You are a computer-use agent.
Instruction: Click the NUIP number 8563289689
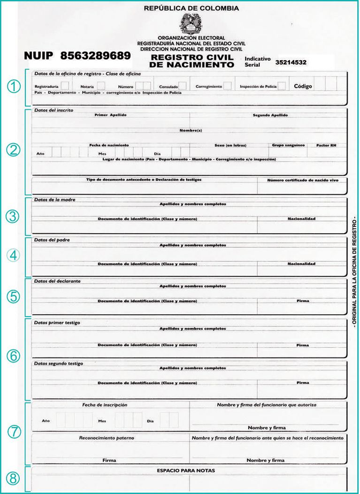click(x=95, y=56)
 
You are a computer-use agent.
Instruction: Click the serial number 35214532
click(x=291, y=62)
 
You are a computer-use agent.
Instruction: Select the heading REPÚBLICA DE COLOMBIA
click(x=191, y=8)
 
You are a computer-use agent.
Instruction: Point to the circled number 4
click(x=13, y=255)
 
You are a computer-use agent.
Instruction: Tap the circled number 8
click(x=13, y=477)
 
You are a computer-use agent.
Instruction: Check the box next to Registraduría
click(x=65, y=86)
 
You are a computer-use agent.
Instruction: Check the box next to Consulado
click(x=183, y=86)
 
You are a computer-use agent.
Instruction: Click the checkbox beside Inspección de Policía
click(x=281, y=86)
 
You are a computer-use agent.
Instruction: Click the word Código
click(x=303, y=86)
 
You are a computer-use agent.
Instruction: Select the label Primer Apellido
click(x=111, y=115)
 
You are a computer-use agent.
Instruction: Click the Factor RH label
click(x=326, y=145)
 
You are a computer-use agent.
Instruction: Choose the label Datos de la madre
click(x=55, y=200)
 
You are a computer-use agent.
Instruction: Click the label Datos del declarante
click(x=58, y=280)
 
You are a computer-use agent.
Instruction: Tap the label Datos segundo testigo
click(x=58, y=363)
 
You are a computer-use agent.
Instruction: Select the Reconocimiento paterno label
click(x=106, y=437)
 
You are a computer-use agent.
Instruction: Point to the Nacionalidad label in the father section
click(x=301, y=264)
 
